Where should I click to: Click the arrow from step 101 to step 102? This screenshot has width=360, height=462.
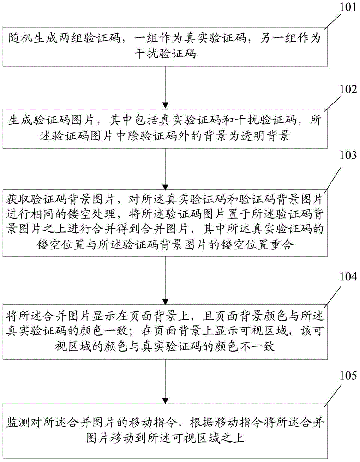click(x=167, y=85)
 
